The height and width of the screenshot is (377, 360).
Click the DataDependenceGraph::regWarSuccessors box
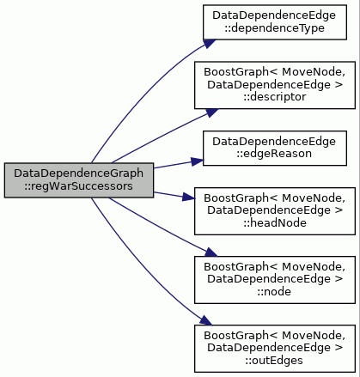pyautogui.click(x=79, y=180)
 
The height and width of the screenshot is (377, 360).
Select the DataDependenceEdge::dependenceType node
pyautogui.click(x=275, y=22)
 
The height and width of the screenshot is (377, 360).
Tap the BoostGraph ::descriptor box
pyautogui.click(x=275, y=85)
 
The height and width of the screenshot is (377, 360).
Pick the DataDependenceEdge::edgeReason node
pyautogui.click(x=275, y=148)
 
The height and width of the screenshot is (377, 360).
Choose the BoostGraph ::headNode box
pyautogui.click(x=275, y=211)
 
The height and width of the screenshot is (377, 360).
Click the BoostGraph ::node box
pyautogui.click(x=275, y=280)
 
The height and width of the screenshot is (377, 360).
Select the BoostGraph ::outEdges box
pyautogui.click(x=275, y=349)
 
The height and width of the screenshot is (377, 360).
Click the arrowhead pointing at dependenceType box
pyautogui.click(x=210, y=43)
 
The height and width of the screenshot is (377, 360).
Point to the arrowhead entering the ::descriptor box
pyautogui.click(x=211, y=112)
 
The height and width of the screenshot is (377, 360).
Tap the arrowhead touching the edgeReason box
pyautogui.click(x=197, y=161)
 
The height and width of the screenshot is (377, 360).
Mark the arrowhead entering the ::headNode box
pyautogui.click(x=188, y=197)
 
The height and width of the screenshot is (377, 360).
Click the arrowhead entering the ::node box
pyautogui.click(x=211, y=252)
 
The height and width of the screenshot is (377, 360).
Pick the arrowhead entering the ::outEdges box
pyautogui.click(x=206, y=320)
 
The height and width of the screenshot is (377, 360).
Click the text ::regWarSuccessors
pyautogui.click(x=78, y=186)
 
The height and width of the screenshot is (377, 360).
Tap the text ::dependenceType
pyautogui.click(x=274, y=28)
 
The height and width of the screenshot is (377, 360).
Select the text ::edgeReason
pyautogui.click(x=274, y=154)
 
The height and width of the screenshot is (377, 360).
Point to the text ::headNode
pyautogui.click(x=275, y=223)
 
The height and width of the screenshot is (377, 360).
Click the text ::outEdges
pyautogui.click(x=274, y=361)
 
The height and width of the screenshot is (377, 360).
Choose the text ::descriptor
pyautogui.click(x=275, y=97)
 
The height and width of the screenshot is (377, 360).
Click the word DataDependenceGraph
pyautogui.click(x=79, y=173)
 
